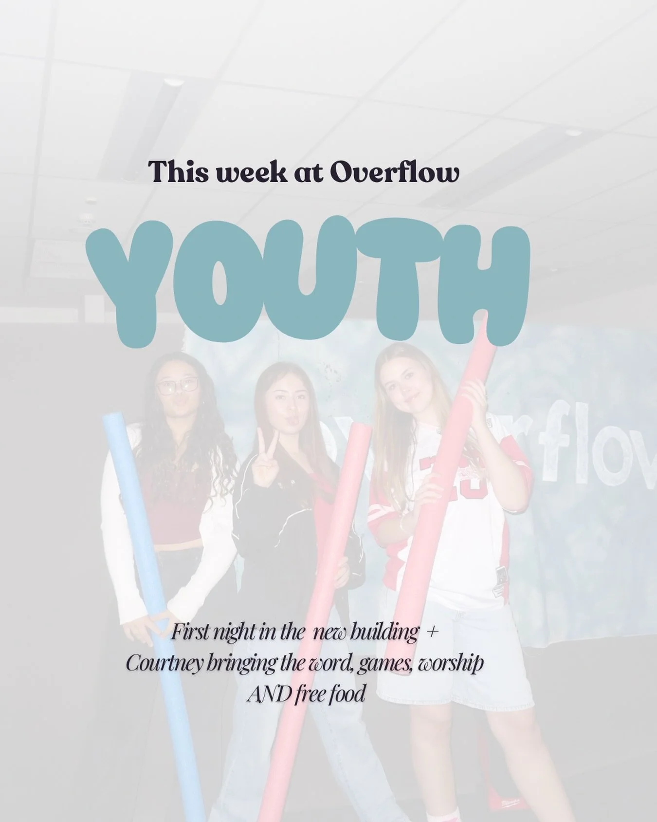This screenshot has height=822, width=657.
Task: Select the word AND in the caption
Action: click(269, 693)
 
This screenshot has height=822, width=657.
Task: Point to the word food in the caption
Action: click(346, 693)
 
